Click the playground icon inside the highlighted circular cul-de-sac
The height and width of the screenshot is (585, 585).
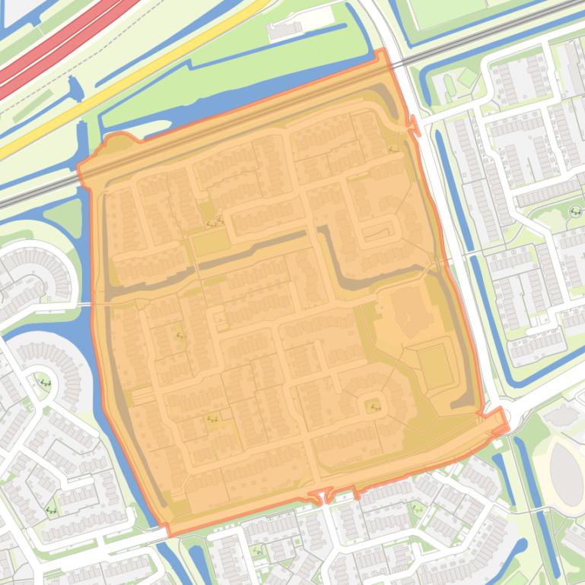tap(374, 406)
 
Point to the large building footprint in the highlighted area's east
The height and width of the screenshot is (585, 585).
tap(411, 311)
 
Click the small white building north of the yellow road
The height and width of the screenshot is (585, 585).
tap(285, 30)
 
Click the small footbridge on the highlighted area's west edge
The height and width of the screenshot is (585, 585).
tap(86, 304)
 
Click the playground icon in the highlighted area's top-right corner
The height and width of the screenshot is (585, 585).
tap(393, 149)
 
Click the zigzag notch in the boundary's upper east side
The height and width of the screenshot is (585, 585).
tap(414, 125)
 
